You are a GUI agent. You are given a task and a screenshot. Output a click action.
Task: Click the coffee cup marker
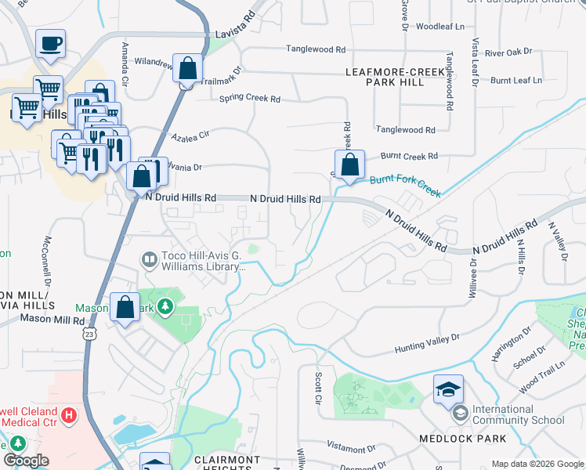[x=50, y=45]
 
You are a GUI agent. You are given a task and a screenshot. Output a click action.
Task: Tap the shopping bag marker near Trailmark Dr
[x=188, y=68]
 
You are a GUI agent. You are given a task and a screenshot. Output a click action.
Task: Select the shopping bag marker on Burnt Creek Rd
[x=350, y=164]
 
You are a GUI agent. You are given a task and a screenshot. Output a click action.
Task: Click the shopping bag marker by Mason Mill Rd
[x=125, y=308]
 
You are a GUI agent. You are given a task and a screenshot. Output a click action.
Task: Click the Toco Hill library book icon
[x=148, y=258]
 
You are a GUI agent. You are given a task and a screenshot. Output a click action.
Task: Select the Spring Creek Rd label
[x=249, y=99]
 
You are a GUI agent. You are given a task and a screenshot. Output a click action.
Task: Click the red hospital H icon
[x=70, y=414]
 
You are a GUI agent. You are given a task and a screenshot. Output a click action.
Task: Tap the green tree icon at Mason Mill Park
[x=165, y=305]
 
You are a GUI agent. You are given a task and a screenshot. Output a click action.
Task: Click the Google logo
[x=27, y=461]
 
